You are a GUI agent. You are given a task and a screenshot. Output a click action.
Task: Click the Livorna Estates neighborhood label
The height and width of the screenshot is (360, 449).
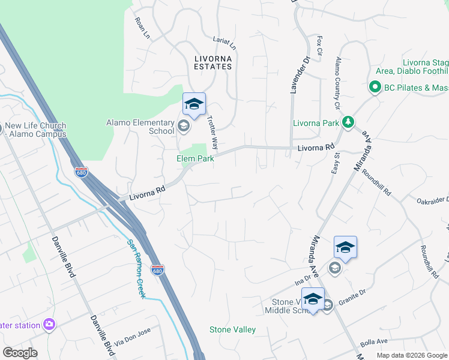213,62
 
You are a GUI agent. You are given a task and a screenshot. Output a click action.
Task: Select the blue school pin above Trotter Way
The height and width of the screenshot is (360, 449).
194,104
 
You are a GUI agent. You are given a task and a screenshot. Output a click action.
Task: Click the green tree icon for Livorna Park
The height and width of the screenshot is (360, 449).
348,123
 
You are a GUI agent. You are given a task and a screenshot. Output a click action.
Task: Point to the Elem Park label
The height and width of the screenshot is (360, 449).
195,159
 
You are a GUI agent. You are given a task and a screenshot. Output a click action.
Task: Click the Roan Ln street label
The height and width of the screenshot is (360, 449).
142,29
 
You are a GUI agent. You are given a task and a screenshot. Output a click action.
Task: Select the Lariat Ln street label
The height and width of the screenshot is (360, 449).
225,41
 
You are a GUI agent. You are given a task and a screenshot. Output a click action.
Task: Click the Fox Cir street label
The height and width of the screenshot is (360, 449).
320,46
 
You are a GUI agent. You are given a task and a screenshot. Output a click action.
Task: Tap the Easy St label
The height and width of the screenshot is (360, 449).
336,163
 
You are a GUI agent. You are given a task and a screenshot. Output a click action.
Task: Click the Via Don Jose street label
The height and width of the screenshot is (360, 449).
137,336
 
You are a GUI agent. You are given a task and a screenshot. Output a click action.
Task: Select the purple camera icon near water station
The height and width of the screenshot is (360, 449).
49,325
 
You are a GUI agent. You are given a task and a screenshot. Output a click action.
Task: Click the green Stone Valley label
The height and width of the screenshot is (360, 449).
232,329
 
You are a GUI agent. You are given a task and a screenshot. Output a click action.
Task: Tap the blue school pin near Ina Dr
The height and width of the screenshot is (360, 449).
345,247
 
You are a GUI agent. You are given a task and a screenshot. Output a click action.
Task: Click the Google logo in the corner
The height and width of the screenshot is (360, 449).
20,353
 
